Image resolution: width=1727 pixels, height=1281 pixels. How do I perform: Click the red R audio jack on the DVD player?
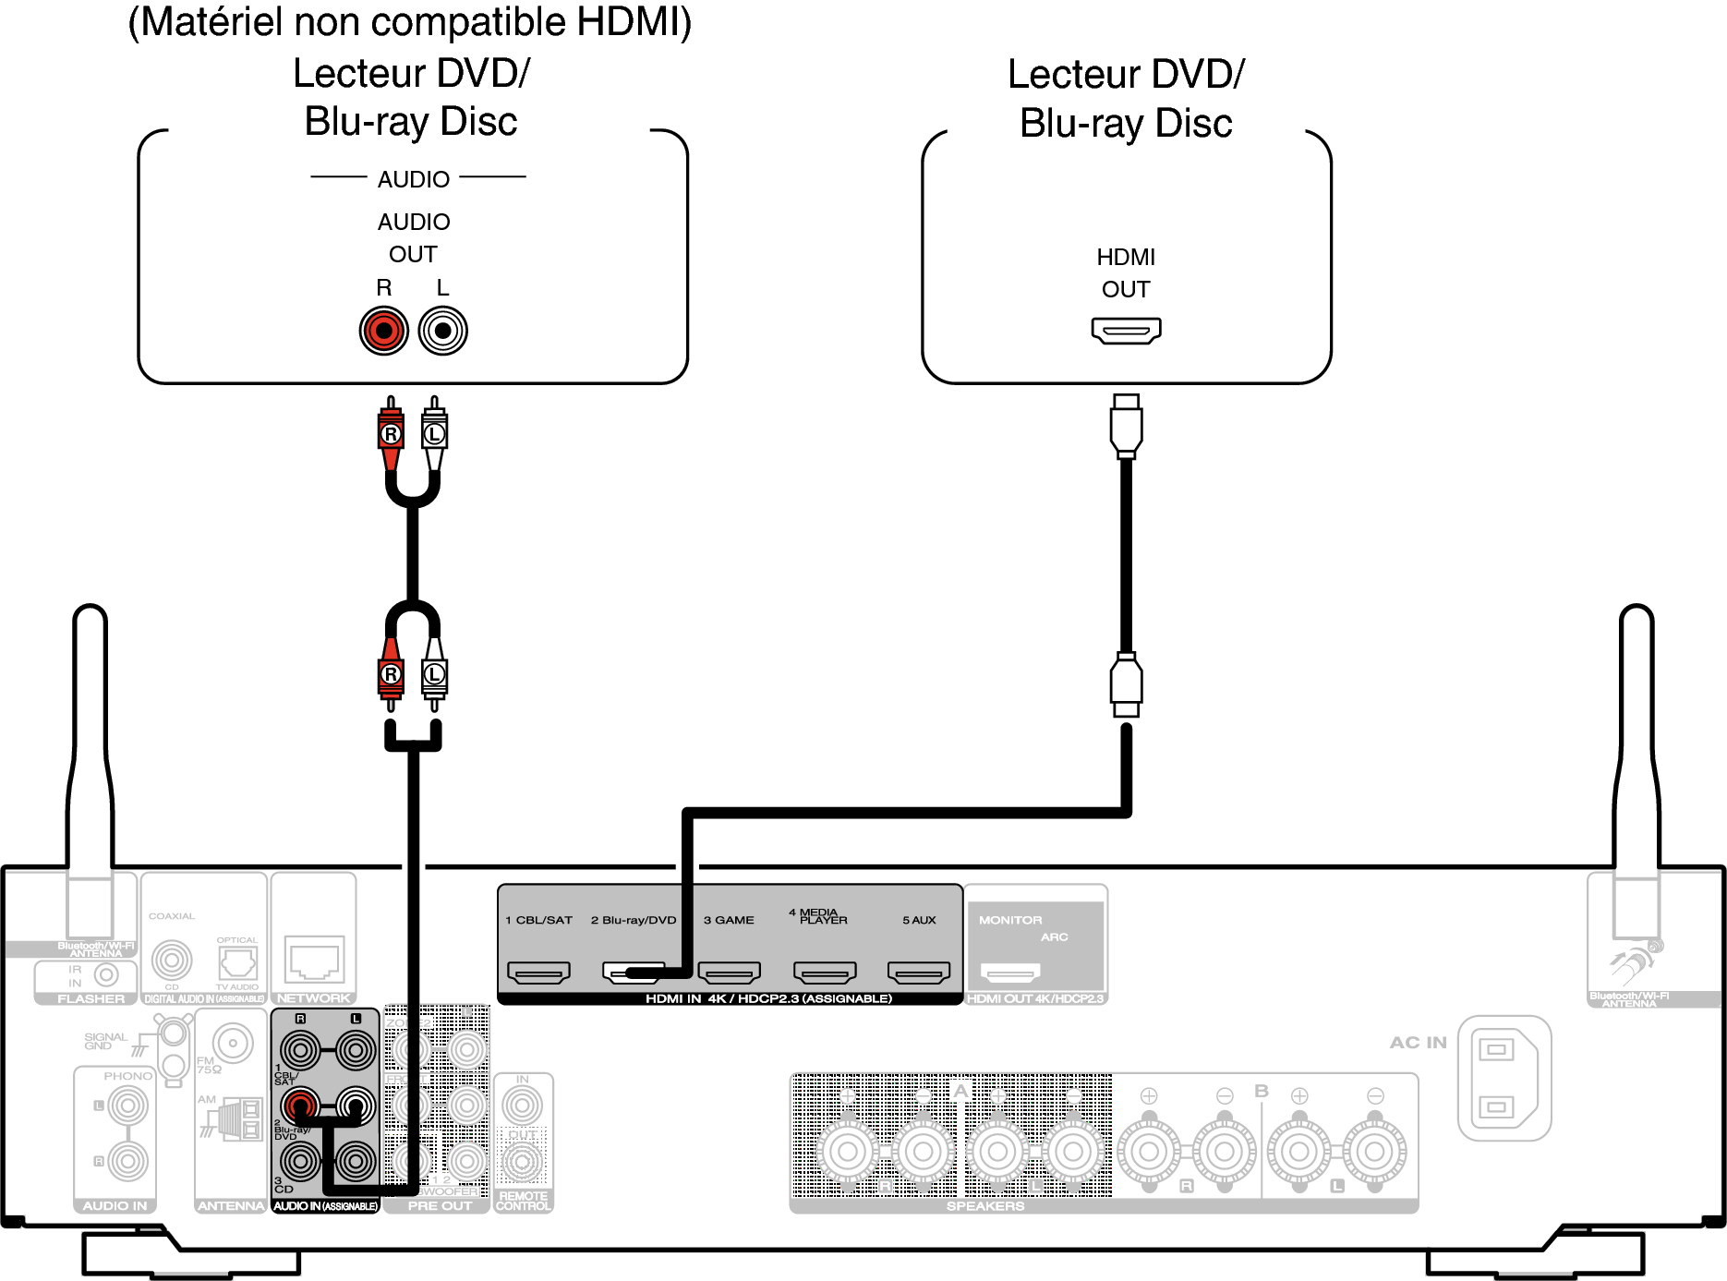pyautogui.click(x=383, y=331)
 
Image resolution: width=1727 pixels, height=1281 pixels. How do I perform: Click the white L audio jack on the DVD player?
pyautogui.click(x=443, y=331)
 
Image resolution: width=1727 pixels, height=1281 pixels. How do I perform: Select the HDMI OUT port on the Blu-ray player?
pyautogui.click(x=1126, y=330)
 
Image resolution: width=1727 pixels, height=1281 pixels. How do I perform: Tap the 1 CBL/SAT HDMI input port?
pyautogui.click(x=538, y=972)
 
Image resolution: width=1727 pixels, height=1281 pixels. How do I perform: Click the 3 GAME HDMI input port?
pyautogui.click(x=729, y=972)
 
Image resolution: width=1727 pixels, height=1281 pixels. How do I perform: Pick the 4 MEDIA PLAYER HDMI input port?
pyautogui.click(x=825, y=972)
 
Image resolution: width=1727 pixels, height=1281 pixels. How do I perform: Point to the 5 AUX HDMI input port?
pyautogui.click(x=918, y=972)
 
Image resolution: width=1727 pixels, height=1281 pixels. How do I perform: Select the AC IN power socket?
pyautogui.click(x=1504, y=1078)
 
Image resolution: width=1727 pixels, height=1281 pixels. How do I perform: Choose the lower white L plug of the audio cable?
pyautogui.click(x=434, y=675)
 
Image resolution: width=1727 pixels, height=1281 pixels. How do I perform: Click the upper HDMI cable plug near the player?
pyautogui.click(x=1126, y=425)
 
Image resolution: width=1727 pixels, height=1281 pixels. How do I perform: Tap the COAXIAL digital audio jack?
pyautogui.click(x=172, y=961)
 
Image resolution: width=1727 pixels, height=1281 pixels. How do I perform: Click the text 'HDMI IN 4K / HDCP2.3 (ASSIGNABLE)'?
pyautogui.click(x=768, y=998)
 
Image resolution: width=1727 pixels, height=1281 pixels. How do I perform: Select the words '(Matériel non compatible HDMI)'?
pyautogui.click(x=410, y=22)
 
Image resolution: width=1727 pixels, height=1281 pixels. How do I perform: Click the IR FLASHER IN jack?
pyautogui.click(x=107, y=974)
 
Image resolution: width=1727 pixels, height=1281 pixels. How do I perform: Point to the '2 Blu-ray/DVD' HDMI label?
pyautogui.click(x=634, y=920)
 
